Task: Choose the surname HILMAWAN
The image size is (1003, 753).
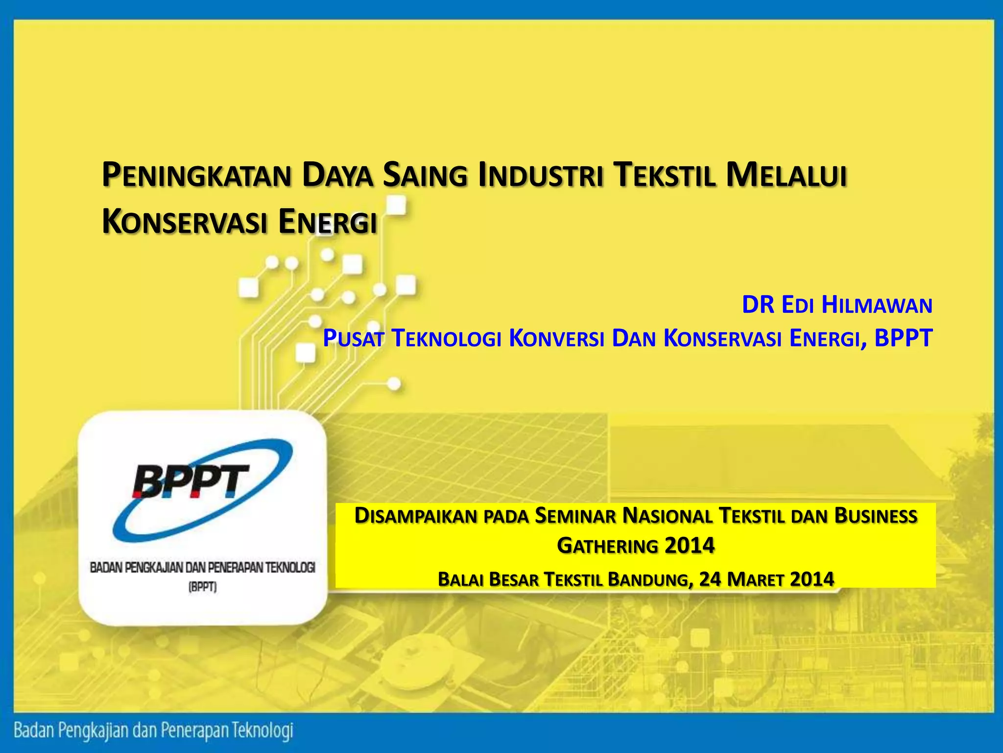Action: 877,305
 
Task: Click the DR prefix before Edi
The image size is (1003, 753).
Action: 758,305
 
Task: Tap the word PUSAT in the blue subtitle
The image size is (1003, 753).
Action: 353,338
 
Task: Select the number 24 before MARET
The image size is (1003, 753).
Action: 710,579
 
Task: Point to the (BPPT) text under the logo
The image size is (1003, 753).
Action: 202,587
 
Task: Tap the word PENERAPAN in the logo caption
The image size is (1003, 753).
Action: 233,568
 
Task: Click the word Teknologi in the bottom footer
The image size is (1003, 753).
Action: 263,730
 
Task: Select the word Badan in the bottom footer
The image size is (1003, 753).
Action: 33,730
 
